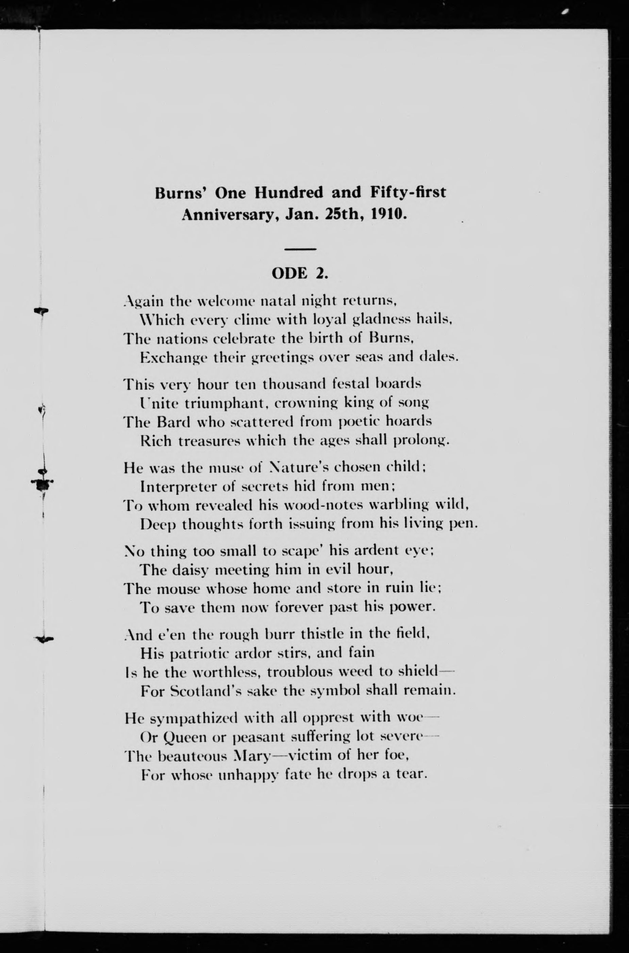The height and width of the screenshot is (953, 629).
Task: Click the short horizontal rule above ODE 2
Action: point(300,249)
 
